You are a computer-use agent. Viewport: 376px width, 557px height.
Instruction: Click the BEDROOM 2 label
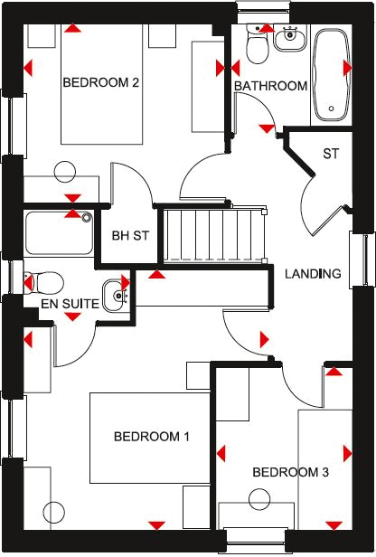(x=100, y=82)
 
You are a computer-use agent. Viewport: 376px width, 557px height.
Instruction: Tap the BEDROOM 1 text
(x=151, y=437)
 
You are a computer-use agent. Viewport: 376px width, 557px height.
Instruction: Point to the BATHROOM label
(x=270, y=86)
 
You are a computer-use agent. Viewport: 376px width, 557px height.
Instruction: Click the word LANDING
(x=313, y=273)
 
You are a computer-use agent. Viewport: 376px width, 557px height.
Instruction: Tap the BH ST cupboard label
(x=129, y=237)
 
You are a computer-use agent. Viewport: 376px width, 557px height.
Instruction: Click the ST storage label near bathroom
(x=331, y=154)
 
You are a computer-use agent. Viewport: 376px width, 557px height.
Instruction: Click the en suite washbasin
(x=114, y=293)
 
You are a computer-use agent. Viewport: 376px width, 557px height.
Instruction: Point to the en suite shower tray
(x=60, y=233)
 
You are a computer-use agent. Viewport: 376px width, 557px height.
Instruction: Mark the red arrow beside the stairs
(x=157, y=273)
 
